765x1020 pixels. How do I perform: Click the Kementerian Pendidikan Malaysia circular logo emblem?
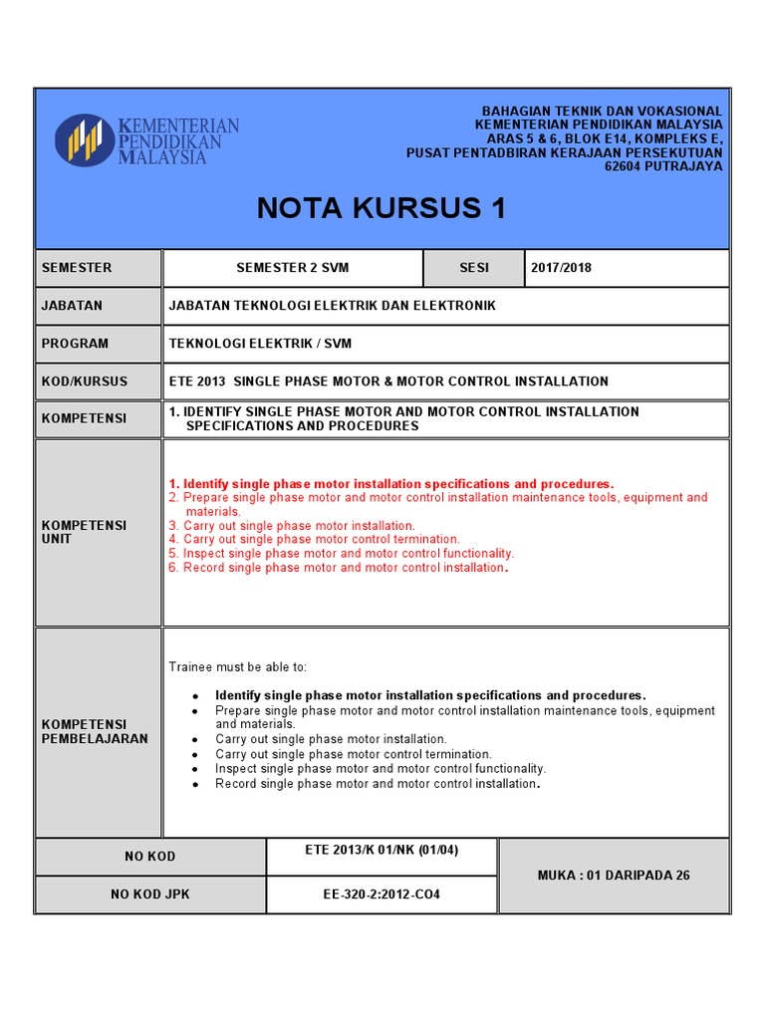coord(85,139)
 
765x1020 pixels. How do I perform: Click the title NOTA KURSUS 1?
coord(382,208)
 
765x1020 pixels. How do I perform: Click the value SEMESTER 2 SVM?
coord(293,268)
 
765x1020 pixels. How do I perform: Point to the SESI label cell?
coord(474,268)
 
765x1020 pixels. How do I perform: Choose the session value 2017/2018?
coord(561,268)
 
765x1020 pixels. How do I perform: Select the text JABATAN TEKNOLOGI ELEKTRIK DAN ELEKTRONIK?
coord(332,306)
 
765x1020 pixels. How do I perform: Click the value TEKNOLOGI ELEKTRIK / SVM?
coord(260,344)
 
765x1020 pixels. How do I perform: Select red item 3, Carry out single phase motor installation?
coord(292,525)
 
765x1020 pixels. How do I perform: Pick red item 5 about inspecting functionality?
coord(342,553)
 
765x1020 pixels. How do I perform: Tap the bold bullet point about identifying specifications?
coord(430,695)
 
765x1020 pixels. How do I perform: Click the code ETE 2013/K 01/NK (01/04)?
coord(382,850)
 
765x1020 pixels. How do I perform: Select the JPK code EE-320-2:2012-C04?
coord(382,894)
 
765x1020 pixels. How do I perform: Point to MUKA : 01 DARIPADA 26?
coord(614,876)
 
